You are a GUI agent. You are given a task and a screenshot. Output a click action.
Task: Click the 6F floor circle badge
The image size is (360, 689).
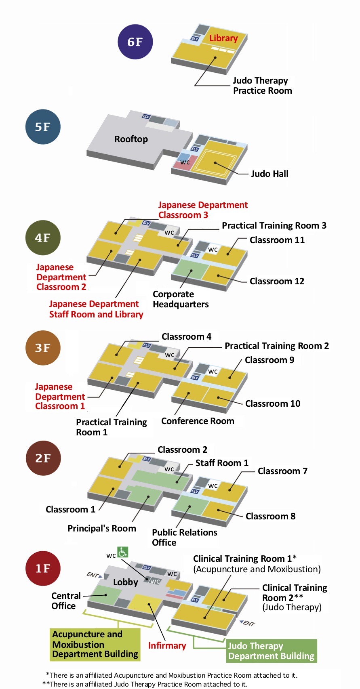tap(135, 42)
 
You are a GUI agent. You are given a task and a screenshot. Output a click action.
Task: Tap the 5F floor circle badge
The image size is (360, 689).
tap(43, 126)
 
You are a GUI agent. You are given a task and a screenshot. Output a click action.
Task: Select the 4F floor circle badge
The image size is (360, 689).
tap(43, 237)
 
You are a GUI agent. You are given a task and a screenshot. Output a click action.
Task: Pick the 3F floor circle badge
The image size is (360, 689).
tap(43, 348)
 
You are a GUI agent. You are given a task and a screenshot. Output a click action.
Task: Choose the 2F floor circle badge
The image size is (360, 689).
tap(43, 458)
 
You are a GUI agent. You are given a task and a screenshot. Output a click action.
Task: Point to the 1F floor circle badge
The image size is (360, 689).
tap(43, 568)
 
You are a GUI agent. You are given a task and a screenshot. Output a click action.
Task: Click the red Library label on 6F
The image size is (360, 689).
tap(223, 38)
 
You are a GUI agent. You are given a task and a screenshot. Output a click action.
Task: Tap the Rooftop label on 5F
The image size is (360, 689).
tap(131, 139)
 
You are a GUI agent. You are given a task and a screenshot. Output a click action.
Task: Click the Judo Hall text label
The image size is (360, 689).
tap(269, 174)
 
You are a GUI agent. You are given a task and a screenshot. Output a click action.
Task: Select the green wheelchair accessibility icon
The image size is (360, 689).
tap(123, 552)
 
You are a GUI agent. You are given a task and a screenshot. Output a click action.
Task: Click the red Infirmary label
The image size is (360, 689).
tap(167, 645)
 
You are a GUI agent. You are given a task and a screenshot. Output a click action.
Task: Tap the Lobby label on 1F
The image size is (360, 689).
tap(125, 582)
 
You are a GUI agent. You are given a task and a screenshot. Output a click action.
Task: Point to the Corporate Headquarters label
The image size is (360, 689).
tap(181, 299)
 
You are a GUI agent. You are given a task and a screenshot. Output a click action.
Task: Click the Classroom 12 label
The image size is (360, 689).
tap(277, 281)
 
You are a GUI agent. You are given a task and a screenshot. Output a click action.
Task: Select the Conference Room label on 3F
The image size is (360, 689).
tap(198, 421)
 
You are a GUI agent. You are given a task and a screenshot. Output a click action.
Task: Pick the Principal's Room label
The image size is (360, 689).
tap(101, 528)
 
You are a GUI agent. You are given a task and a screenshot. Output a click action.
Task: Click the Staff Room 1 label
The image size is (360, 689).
tap(222, 463)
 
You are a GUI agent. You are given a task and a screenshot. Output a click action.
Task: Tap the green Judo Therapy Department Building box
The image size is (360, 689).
tap(271, 651)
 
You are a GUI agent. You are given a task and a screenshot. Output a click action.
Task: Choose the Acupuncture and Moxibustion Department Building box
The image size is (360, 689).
tap(95, 644)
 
